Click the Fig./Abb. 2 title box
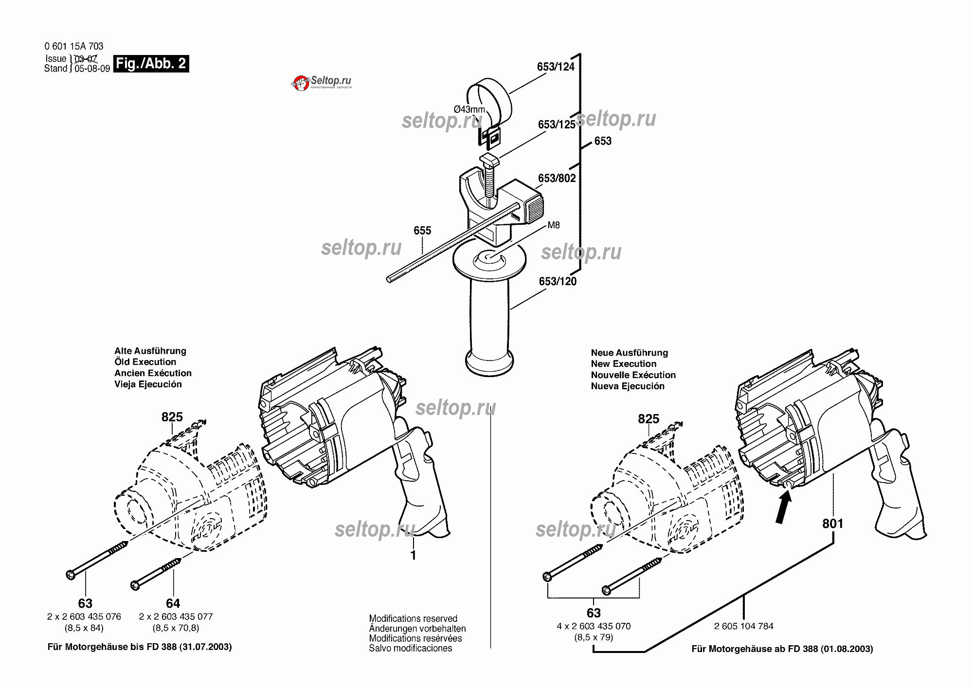pos(151,64)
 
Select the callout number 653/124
pos(556,67)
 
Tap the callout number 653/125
pos(557,125)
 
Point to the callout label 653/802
pos(557,179)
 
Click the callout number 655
pos(422,231)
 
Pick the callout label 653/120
pos(558,282)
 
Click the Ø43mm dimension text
pos(469,109)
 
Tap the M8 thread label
pos(554,225)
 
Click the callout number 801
pos(832,524)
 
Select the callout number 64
pos(173,603)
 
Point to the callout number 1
pos(413,555)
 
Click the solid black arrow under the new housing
pos(783,507)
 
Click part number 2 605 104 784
pos(743,626)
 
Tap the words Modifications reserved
pos(413,618)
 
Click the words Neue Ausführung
pos(630,353)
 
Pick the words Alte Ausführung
pos(150,351)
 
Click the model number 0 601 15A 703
pos(74,46)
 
